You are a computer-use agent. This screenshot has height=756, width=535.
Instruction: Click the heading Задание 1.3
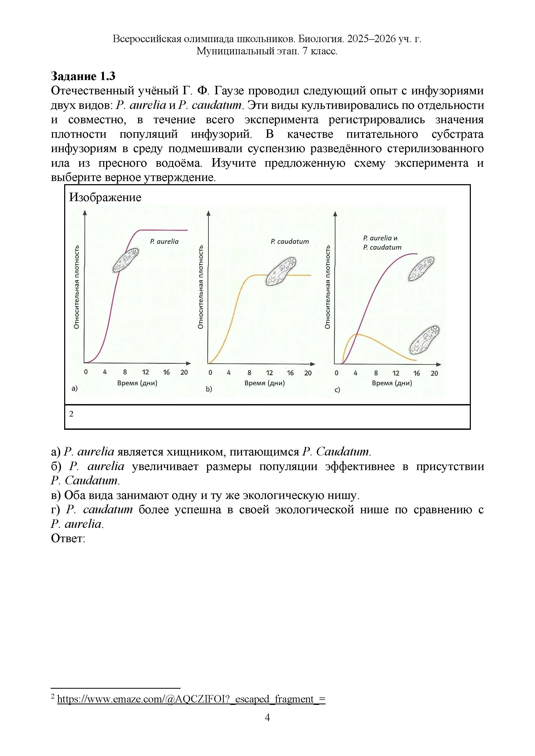point(83,76)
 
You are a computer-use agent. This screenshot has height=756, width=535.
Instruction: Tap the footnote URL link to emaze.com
point(191,699)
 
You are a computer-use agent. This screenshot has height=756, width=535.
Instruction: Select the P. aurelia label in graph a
point(164,242)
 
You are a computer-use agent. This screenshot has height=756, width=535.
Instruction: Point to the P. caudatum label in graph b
point(290,242)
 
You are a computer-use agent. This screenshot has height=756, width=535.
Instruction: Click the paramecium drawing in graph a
point(125,260)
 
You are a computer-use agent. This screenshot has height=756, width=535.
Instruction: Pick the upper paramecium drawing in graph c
point(421,269)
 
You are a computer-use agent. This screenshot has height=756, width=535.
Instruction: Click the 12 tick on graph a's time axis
point(145,372)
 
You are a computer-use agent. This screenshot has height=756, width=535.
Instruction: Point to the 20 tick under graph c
point(434,373)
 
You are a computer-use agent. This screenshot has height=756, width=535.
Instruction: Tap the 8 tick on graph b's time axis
point(249,373)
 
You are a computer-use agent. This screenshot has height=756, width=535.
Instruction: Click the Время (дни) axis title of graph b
point(265,383)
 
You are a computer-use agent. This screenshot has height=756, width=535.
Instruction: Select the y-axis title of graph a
point(76,287)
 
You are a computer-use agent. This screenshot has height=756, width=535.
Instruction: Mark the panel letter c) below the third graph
point(337,390)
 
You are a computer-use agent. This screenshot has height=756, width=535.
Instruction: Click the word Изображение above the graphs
point(105,198)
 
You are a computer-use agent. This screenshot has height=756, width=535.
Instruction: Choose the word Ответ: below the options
point(68,539)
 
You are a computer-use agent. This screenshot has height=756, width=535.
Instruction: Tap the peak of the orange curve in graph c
point(357,334)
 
